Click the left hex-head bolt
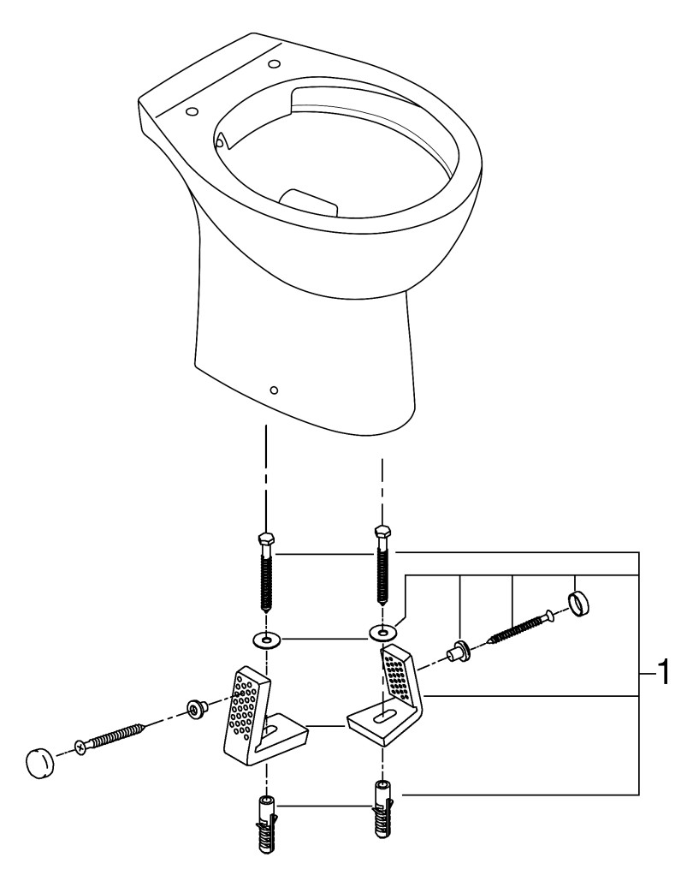pyautogui.click(x=265, y=573)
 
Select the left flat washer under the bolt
pyautogui.click(x=267, y=640)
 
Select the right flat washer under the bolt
pyautogui.click(x=382, y=633)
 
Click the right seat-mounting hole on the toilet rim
pyautogui.click(x=274, y=63)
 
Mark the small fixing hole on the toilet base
pyautogui.click(x=273, y=390)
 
